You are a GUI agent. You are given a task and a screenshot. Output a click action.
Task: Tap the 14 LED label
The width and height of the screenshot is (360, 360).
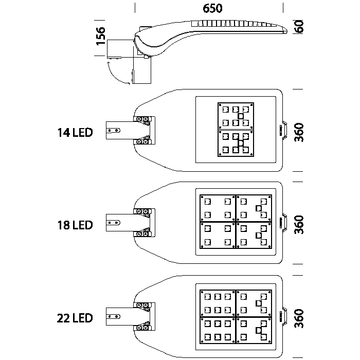(x=75, y=133)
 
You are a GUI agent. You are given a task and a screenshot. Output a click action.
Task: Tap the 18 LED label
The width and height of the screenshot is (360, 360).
(x=75, y=225)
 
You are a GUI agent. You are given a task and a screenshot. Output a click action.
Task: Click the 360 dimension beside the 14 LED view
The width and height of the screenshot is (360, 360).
(x=300, y=132)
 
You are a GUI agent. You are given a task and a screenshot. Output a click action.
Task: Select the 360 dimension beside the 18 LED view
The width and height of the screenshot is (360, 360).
(x=300, y=225)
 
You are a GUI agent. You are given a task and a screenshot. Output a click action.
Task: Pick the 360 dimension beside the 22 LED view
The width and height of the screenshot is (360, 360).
(x=300, y=318)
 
